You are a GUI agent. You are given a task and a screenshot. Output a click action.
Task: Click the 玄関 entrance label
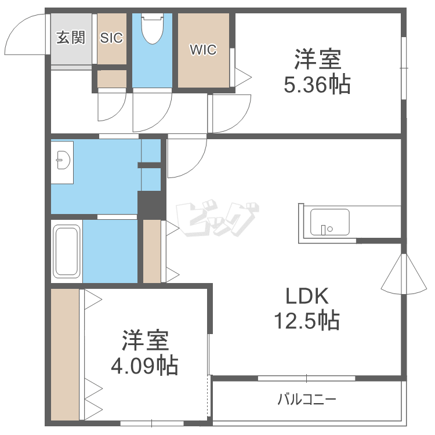71,38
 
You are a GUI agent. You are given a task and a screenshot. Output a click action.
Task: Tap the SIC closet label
111,38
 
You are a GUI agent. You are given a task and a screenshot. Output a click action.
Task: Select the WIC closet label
203,50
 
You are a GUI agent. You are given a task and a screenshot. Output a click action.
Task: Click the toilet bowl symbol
152,29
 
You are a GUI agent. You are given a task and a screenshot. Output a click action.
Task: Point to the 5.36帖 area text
317,84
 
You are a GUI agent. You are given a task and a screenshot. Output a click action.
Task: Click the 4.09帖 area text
144,365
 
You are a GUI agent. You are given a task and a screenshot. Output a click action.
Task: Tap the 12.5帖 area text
307,320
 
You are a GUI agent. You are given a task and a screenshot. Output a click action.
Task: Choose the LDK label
307,296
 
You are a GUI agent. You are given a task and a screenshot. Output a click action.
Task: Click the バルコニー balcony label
307,400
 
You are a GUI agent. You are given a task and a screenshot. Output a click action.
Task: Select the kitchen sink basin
329,222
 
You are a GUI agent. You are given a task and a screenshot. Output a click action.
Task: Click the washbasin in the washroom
64,160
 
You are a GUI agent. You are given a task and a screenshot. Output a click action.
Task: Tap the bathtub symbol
67,251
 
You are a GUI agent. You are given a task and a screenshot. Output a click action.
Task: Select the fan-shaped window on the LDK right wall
404,274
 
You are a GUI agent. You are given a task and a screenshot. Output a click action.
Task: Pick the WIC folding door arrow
243,77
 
